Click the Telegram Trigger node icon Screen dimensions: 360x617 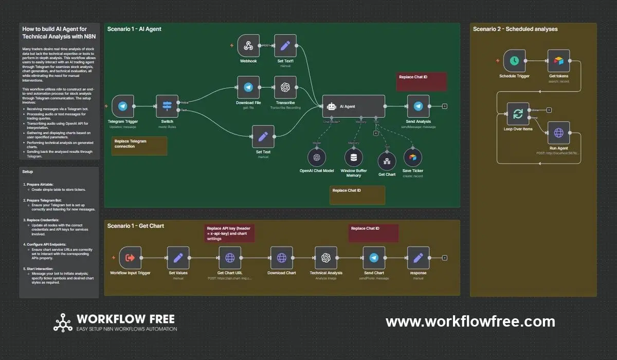123,106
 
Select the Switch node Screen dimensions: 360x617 167,106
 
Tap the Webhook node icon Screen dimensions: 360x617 248,46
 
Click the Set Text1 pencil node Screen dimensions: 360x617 285,46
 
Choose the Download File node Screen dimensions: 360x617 248,87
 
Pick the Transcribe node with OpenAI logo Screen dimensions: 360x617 285,87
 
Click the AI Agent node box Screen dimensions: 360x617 353,106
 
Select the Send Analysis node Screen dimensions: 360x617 418,106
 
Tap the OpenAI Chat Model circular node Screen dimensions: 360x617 317,157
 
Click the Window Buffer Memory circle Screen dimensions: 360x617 353,157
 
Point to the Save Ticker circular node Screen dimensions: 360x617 413,157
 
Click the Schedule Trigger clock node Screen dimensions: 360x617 514,61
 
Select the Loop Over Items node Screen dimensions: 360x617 518,114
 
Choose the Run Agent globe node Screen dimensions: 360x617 558,133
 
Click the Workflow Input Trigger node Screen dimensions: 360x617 130,258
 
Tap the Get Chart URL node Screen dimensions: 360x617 230,258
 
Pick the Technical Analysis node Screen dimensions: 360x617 325,258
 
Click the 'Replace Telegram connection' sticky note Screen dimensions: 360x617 139,146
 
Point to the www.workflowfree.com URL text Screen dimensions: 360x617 470,322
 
